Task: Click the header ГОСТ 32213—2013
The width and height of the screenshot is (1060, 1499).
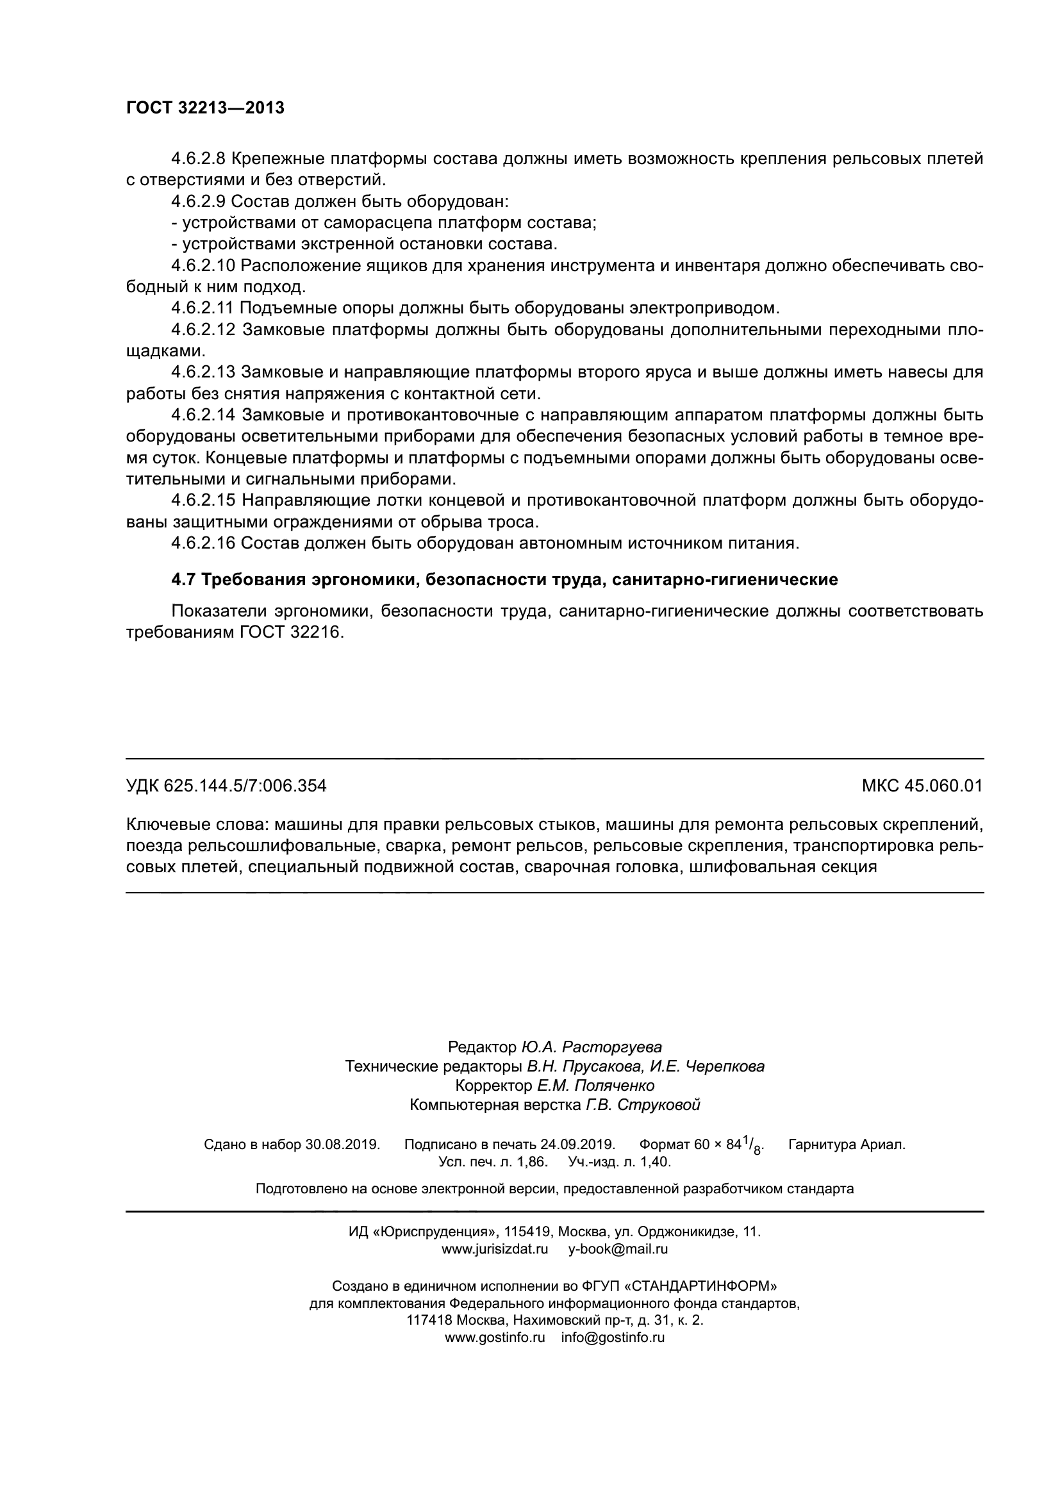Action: [205, 108]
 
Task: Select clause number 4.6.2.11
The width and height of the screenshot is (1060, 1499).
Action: [203, 308]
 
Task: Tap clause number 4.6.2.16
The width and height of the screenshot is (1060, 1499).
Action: [203, 543]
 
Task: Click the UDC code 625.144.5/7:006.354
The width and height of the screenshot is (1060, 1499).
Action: [245, 786]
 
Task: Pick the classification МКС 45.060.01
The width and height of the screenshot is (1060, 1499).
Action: [922, 786]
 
